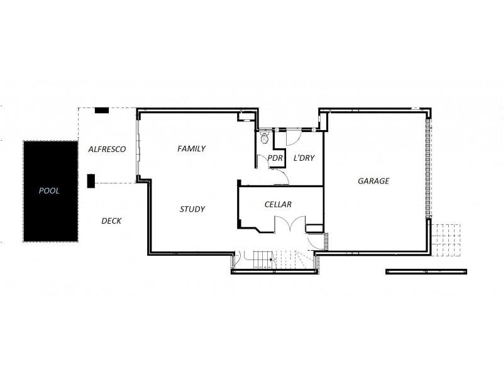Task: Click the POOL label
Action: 49,191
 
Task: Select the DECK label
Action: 111,221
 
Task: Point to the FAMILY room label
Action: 192,149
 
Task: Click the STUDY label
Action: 192,209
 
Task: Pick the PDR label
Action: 274,158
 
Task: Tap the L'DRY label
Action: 304,158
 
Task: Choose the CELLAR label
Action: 277,204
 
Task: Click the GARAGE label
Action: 373,181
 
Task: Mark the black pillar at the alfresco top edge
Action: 101,111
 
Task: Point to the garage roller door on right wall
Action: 429,170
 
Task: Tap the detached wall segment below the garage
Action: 426,271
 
